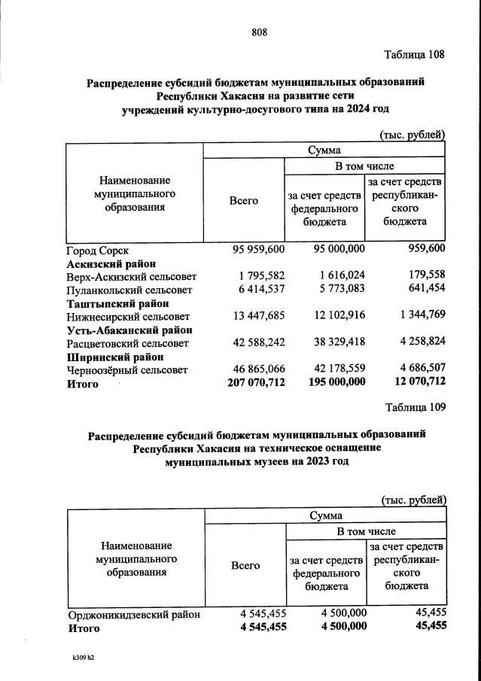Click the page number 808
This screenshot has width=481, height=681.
[259, 32]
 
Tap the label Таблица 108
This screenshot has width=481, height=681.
[415, 55]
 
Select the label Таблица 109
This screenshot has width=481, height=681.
[416, 407]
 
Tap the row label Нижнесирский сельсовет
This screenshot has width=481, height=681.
[129, 316]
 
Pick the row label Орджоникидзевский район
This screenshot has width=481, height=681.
[134, 614]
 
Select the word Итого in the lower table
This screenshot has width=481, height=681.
[84, 627]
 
